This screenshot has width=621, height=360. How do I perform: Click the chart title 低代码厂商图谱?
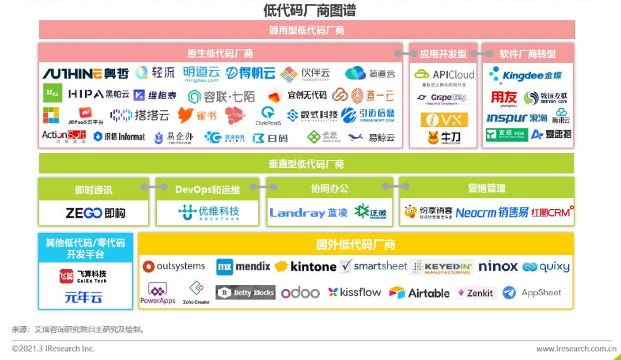click(309, 10)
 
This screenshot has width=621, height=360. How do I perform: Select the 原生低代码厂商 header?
click(220, 53)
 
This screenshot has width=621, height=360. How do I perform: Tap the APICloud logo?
click(444, 74)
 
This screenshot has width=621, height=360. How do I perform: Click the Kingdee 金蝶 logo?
click(526, 75)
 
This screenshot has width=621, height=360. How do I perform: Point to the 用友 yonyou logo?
click(504, 99)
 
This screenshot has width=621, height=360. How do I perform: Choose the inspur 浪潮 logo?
click(516, 118)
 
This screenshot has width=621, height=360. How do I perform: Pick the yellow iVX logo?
click(444, 120)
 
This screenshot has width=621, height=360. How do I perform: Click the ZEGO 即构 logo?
click(95, 213)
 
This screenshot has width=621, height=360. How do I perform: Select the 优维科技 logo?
click(208, 213)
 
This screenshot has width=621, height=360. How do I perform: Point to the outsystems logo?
click(174, 266)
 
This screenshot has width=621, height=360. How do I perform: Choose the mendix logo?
click(243, 267)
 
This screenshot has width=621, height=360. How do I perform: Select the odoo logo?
click(300, 293)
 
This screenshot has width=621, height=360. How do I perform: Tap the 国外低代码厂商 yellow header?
click(355, 244)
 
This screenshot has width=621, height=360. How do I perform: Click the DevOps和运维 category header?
click(207, 188)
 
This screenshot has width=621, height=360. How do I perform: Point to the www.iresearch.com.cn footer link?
click(576, 349)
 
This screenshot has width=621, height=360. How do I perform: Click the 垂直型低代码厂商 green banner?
click(306, 164)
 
